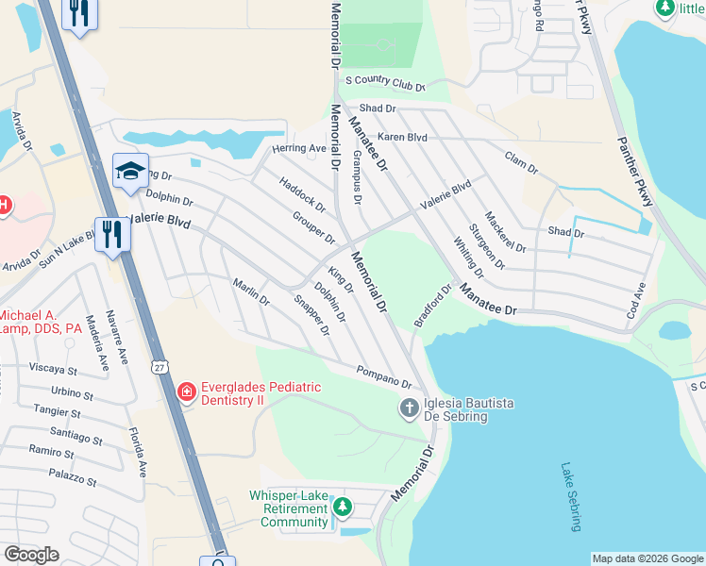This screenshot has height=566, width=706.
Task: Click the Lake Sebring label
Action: (570, 496)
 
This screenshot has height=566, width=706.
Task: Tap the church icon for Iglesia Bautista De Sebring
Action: (409, 408)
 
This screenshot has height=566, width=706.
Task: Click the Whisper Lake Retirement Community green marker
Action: (342, 508)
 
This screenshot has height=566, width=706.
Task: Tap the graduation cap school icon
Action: (130, 171)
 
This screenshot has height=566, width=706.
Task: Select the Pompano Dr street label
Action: (384, 377)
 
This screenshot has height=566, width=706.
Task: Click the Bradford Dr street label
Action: (434, 305)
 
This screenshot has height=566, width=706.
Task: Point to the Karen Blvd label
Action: (403, 138)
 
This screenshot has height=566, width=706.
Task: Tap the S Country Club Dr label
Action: (385, 85)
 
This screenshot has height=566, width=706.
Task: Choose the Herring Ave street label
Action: (298, 149)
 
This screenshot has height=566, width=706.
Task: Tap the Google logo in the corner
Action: (31, 555)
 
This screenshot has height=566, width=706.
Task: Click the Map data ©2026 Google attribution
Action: (647, 558)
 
